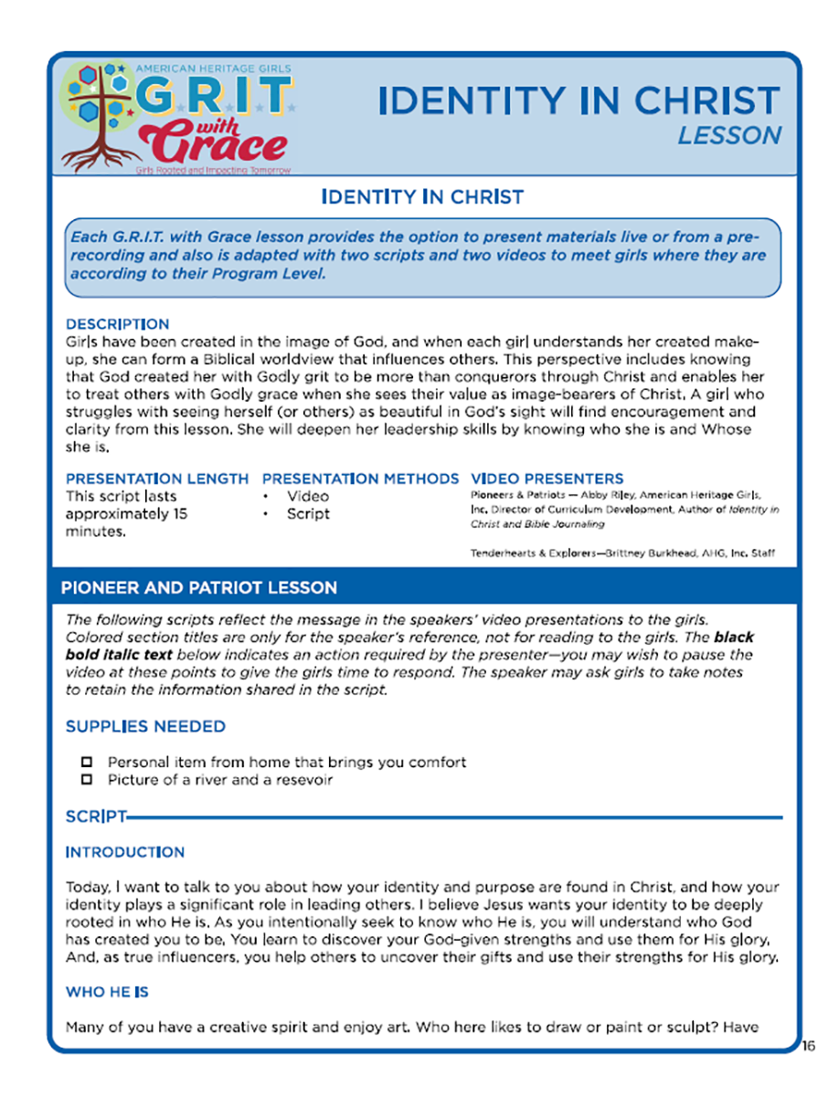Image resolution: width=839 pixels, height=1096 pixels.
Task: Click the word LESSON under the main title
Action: click(x=729, y=135)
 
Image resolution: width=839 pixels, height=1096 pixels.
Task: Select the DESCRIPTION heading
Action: click(x=117, y=324)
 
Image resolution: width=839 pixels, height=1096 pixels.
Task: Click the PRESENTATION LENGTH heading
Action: click(x=157, y=479)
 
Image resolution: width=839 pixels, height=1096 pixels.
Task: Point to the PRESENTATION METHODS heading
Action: click(x=360, y=479)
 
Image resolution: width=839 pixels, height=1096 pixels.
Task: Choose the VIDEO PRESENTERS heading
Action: click(x=547, y=479)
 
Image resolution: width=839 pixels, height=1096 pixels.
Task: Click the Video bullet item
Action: click(x=308, y=497)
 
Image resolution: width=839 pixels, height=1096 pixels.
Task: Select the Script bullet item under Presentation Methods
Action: click(x=308, y=514)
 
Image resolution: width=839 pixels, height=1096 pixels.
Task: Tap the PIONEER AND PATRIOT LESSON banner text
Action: click(x=199, y=588)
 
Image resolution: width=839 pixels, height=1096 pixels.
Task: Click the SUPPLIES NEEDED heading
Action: click(x=145, y=727)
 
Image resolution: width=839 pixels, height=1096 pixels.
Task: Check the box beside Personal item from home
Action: click(x=88, y=762)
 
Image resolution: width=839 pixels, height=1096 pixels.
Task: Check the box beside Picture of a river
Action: click(x=88, y=780)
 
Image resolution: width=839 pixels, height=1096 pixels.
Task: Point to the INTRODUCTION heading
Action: click(x=125, y=852)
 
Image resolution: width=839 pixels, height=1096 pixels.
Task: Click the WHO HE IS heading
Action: click(x=107, y=992)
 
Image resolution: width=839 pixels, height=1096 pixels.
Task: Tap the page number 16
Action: click(x=808, y=1045)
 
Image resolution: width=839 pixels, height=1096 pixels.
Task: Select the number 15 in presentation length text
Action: click(x=179, y=514)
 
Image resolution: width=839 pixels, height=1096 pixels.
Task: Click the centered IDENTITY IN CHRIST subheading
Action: click(x=422, y=196)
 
